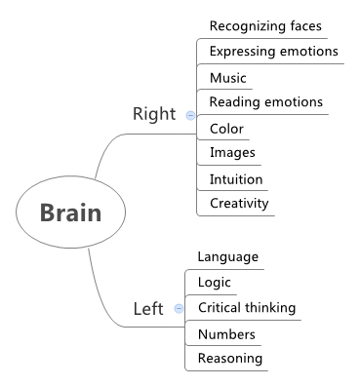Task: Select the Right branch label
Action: point(154,115)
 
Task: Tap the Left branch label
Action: point(148,309)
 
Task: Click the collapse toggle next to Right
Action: point(190,115)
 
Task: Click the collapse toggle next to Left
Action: point(179,309)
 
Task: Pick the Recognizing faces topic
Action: point(265,26)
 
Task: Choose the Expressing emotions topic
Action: point(273,52)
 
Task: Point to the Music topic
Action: point(228,78)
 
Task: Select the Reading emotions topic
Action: point(265,102)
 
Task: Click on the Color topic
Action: point(226,129)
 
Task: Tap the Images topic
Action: point(232,153)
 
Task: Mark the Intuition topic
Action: point(236,179)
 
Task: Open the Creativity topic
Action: point(239,204)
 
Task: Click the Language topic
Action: point(227,257)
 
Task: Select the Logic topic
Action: point(215,283)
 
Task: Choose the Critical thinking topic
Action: point(246,308)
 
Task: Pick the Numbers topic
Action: point(226,334)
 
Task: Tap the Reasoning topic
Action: point(230,359)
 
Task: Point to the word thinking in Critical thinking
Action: point(270,308)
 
